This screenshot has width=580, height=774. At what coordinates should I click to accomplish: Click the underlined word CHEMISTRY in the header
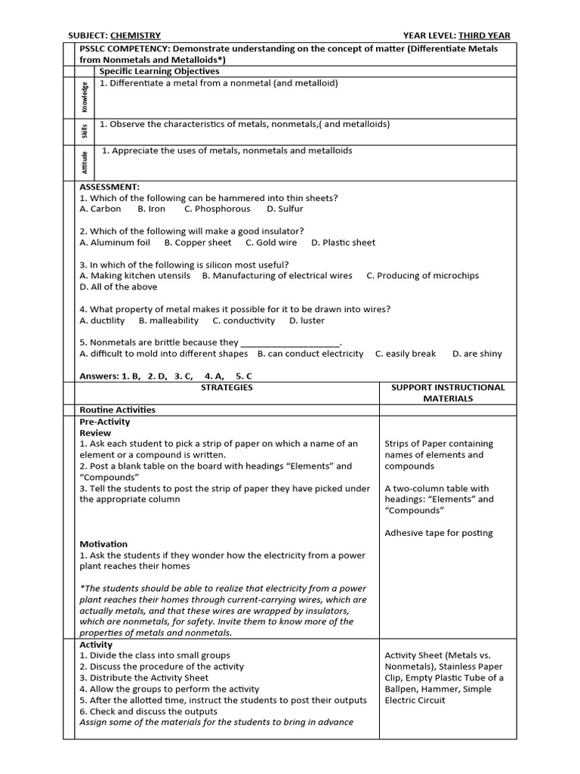pos(135,35)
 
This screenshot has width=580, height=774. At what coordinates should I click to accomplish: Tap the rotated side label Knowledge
pos(85,97)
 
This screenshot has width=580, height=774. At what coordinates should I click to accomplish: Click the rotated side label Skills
pos(85,132)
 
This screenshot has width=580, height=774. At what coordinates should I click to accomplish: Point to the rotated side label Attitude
pos(85,163)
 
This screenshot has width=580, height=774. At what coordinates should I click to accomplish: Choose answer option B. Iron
pos(152,209)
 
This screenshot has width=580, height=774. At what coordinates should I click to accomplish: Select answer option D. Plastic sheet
pos(343,243)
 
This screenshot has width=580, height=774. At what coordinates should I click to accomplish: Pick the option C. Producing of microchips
pos(422,276)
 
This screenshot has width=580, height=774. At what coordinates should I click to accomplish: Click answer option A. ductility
pos(102,320)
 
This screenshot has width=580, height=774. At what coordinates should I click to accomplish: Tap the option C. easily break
pos(406,354)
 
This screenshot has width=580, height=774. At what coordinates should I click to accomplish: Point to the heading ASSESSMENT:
pos(110,186)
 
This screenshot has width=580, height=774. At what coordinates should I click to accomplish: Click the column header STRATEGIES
pos(227,387)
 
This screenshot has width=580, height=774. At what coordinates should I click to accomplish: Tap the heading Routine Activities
pos(117,410)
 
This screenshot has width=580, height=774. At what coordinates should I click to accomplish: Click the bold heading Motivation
pos(103,543)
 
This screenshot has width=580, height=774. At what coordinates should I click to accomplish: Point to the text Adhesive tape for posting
pos(438,533)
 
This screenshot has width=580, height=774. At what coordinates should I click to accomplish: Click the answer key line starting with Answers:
pos(166,376)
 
